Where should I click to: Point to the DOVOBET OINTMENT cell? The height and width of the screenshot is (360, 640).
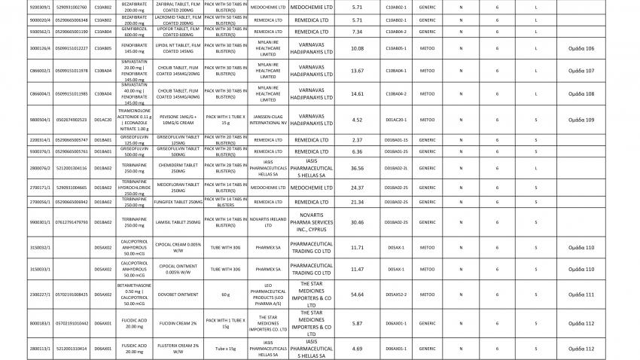167,294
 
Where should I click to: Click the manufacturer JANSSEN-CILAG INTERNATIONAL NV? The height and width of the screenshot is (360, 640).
268,120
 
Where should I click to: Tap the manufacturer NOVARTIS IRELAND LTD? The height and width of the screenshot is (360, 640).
268,221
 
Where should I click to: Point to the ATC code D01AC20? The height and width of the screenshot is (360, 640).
103,120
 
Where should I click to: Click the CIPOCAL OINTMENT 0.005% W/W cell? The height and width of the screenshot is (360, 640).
167,268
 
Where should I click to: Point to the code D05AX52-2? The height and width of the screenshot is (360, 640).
396,294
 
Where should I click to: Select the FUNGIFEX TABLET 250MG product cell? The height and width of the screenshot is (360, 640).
167,201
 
